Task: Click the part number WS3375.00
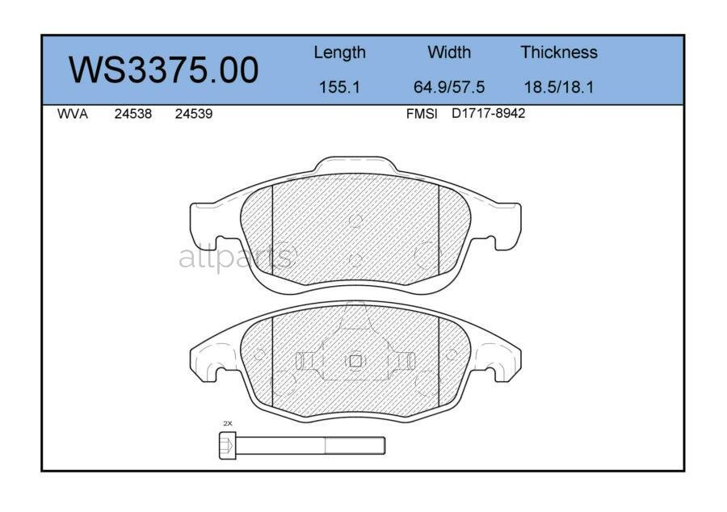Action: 163,70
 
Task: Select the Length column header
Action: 339,52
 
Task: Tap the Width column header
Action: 449,52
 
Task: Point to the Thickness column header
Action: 559,52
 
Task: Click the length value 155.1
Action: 339,87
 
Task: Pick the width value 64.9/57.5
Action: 449,87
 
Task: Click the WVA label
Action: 72,115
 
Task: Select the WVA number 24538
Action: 132,115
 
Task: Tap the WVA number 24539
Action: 194,115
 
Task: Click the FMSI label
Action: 421,115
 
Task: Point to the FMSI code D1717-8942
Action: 488,114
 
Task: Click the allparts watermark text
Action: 235,258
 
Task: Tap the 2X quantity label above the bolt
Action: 227,423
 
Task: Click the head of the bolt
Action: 228,445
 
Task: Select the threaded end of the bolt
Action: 355,445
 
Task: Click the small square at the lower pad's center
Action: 355,361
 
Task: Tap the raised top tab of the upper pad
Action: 355,165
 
